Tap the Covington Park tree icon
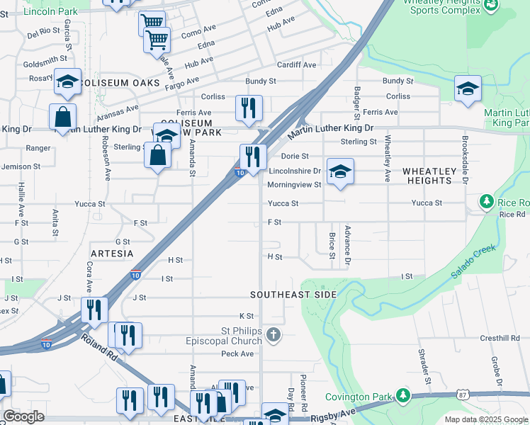coord(403,395)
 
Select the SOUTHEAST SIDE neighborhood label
coord(293,294)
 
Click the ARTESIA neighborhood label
coord(112,253)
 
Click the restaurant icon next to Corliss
coord(249,108)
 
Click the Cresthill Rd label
coord(480,339)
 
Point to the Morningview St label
coord(294,185)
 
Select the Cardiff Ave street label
coord(296,64)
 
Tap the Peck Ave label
coord(237,353)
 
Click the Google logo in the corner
coord(23,416)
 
